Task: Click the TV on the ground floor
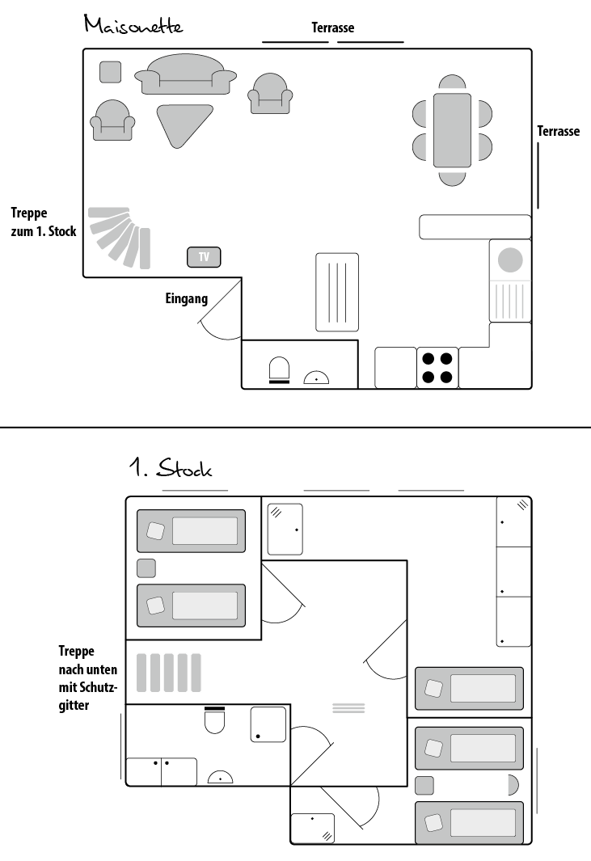point(204,257)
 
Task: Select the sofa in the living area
point(186,74)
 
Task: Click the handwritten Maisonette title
point(133,25)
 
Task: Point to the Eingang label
point(187,298)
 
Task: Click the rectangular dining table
point(452,130)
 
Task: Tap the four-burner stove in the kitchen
point(437,368)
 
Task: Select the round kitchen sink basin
point(510,260)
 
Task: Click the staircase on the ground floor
point(120,237)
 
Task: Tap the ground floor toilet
point(279,370)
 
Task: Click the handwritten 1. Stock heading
point(171,468)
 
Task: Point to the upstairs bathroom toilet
point(215,720)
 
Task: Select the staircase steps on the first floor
point(169,673)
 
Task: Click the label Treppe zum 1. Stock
point(44,222)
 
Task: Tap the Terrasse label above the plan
point(333,27)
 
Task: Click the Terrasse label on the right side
point(558,131)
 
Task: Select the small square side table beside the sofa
point(111,72)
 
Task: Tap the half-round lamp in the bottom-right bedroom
point(513,785)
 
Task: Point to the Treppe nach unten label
point(88,678)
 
